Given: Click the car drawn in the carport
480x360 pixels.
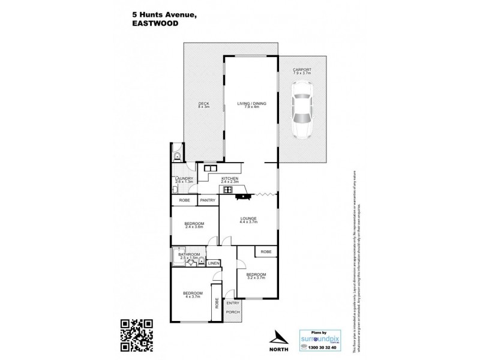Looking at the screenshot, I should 302,110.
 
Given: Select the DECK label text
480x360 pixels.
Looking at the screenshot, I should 204,105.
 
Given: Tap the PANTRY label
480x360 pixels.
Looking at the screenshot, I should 208,200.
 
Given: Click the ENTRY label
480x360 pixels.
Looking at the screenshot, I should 233,303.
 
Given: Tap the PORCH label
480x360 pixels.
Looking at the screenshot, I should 233,313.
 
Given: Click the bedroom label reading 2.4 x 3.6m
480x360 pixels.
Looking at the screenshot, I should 194,226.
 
